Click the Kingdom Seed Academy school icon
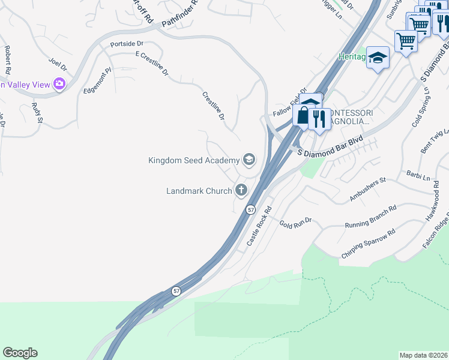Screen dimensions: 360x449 [x=249, y=160]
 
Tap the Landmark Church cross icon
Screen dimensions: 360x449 [x=241, y=191]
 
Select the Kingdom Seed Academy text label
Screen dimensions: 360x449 [x=194, y=160]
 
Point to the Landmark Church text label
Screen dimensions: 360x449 [x=199, y=191]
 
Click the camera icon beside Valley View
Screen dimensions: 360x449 [x=59, y=84]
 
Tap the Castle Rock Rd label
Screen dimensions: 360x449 [x=259, y=226]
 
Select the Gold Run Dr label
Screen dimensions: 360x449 [x=296, y=223]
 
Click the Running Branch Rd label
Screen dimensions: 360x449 [x=370, y=216]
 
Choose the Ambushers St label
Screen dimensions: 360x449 [x=367, y=189]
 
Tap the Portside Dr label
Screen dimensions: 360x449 [x=127, y=44]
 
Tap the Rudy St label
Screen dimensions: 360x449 [x=37, y=112]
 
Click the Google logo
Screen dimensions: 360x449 [x=20, y=353]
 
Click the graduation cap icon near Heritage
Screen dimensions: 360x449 [x=378, y=58]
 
